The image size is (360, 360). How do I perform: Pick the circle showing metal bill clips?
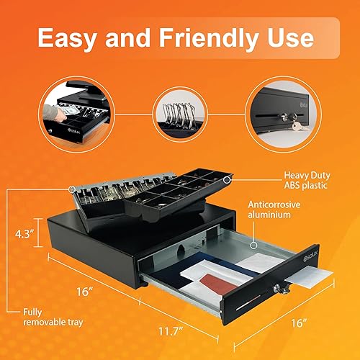click(179, 113)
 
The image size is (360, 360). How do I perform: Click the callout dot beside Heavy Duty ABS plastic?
click(227, 177)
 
